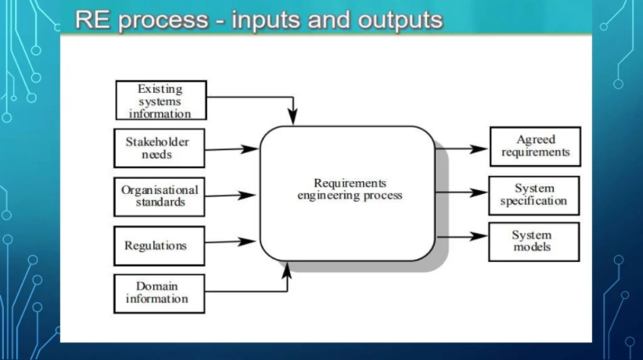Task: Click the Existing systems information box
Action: tap(161, 100)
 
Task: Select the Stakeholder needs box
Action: tap(159, 148)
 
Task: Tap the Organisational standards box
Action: tap(159, 197)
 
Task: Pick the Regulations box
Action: tap(159, 246)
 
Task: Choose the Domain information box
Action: tap(159, 294)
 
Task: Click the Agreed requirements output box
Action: tap(535, 146)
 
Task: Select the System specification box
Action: tap(534, 196)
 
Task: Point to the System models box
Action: tap(534, 242)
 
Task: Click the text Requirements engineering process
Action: tap(350, 189)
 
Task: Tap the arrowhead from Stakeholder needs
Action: tap(250, 149)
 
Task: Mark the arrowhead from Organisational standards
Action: tap(247, 195)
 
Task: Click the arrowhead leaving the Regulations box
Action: tap(247, 241)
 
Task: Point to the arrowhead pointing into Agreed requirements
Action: tap(479, 149)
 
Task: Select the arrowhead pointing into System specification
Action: tap(478, 193)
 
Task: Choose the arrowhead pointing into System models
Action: tap(478, 236)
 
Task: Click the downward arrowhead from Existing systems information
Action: tap(292, 116)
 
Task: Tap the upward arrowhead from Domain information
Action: tap(287, 271)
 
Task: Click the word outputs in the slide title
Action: tap(400, 20)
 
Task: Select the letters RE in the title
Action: tap(93, 20)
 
